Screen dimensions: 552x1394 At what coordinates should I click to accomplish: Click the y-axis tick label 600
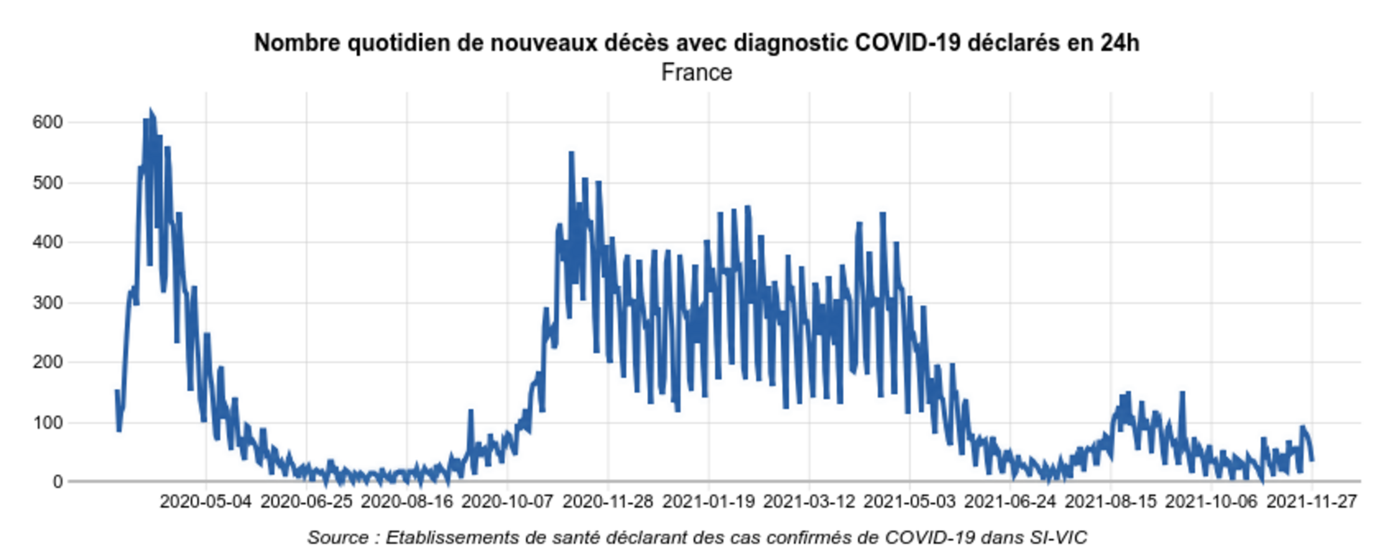(48, 122)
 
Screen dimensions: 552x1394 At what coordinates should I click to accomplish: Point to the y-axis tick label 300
(48, 303)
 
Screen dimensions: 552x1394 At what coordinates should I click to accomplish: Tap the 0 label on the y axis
(58, 482)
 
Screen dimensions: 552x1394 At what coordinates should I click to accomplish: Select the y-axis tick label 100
(48, 422)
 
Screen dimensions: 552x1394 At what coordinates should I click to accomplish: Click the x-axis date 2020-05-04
(205, 502)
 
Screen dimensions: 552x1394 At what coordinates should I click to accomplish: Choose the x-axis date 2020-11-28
(608, 502)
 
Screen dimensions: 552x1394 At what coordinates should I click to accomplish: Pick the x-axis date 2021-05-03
(909, 502)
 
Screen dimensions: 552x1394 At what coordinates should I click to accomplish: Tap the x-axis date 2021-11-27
(1312, 502)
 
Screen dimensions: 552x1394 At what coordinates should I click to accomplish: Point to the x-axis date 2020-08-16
(407, 502)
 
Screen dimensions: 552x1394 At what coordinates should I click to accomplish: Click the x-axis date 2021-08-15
(1110, 502)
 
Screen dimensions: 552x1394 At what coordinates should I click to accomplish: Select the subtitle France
(696, 73)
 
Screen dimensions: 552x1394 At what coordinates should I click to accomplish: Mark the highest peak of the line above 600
(150, 111)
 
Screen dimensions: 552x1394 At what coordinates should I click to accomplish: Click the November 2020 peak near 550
(571, 153)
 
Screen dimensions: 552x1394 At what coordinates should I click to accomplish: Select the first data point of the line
(117, 391)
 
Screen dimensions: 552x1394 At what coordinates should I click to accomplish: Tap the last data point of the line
(1312, 460)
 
